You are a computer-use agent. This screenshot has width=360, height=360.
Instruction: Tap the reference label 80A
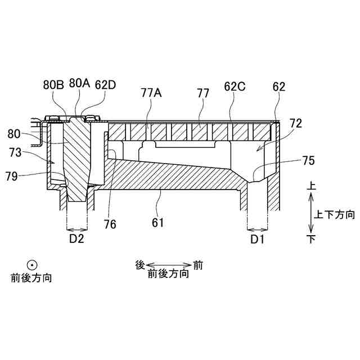click(79, 83)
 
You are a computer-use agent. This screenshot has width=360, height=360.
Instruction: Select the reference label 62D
click(105, 85)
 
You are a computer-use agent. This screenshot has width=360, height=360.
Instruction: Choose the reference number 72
click(295, 123)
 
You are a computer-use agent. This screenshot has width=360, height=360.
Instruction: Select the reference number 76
click(110, 224)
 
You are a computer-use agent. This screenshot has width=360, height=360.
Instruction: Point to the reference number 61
click(158, 222)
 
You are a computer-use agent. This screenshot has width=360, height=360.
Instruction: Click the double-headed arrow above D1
click(258, 228)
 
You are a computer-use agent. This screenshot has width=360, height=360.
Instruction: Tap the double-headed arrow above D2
click(76, 228)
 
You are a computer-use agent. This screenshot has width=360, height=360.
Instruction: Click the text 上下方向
click(335, 214)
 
